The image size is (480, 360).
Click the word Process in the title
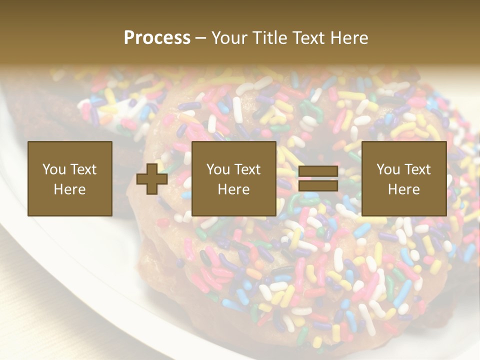[157, 38]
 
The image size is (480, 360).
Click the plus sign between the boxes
[152, 179]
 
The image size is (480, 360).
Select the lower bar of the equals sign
[318, 186]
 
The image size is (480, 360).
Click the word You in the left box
[54, 169]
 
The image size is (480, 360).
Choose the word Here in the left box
[69, 189]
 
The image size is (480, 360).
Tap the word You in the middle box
[218, 169]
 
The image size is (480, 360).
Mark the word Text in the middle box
[247, 169]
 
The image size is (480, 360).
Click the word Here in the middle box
[233, 189]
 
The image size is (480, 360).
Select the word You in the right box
[388, 169]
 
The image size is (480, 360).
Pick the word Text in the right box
[417, 169]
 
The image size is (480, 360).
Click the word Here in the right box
[403, 189]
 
